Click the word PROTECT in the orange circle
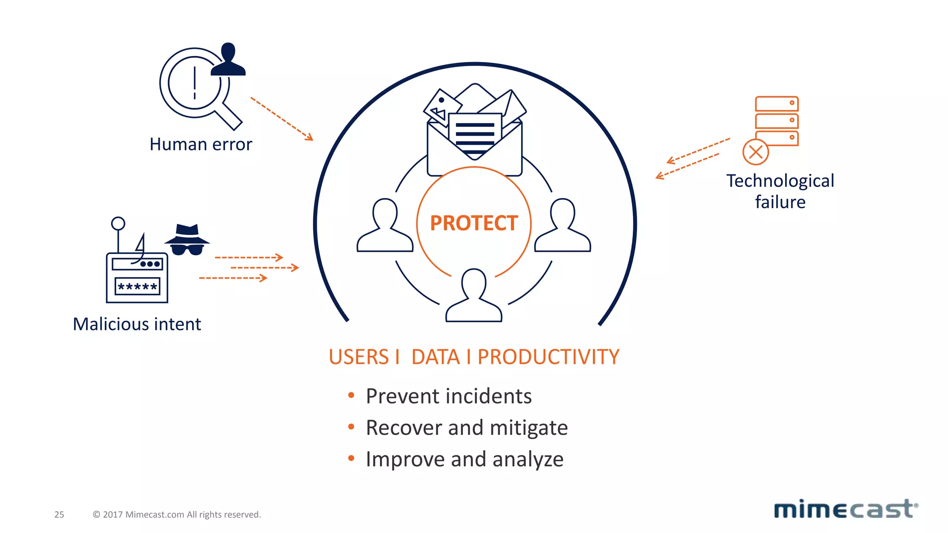pos(474,223)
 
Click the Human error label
pos(200,144)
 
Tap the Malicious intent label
pos(137,324)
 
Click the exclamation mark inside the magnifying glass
pos(194,83)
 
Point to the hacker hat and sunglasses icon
pos(187,240)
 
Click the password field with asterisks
pos(137,286)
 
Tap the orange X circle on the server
pos(755,152)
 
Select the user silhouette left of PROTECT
pos(385,227)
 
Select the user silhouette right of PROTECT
pos(562,227)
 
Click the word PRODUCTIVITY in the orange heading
pos(548,357)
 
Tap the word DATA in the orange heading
pos(436,357)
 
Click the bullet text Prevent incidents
pos(448,396)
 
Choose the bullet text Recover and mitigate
pos(466,428)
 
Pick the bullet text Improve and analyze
pos(464,459)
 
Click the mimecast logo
pos(846,509)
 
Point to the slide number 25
pos(59,514)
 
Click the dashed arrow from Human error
pos(281,118)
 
